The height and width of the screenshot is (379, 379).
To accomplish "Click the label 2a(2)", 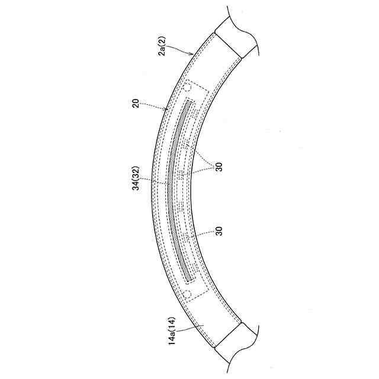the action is click(163, 46).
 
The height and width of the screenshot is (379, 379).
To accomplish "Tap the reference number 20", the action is click(136, 103).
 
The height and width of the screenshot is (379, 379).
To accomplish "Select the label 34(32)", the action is click(136, 178).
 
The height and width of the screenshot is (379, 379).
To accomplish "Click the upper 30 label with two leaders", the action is click(219, 167).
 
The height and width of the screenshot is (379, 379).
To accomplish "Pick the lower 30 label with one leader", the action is click(219, 231).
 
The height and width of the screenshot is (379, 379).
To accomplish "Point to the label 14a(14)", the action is click(172, 330).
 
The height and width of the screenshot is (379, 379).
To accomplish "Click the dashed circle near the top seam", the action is click(187, 88).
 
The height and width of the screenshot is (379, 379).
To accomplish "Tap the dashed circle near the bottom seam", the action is click(187, 294).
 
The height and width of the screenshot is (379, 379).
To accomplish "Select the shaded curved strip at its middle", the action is click(170, 191).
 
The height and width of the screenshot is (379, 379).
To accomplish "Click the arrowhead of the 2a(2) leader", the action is click(192, 54).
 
